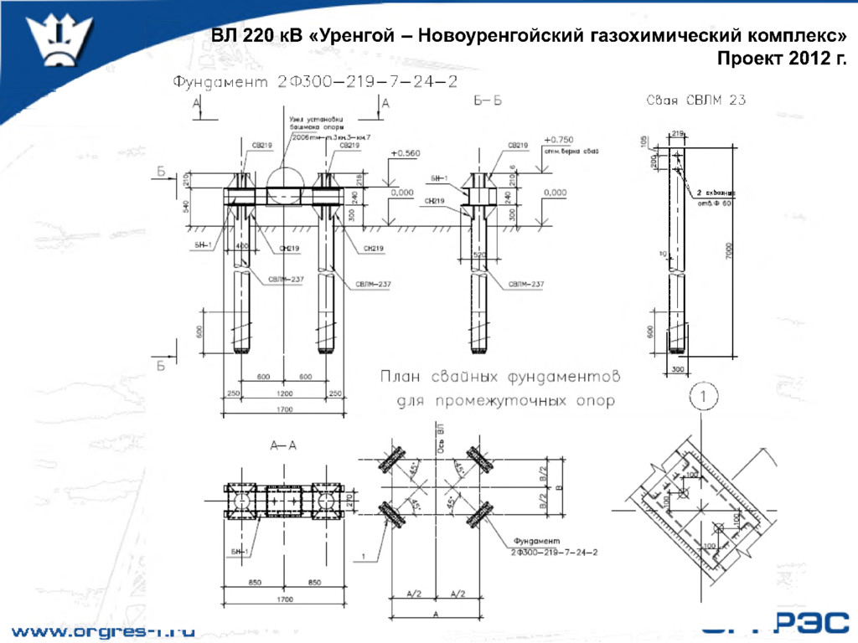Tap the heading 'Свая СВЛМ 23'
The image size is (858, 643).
point(695,100)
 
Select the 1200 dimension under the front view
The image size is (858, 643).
point(284,394)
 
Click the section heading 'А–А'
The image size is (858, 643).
point(283,445)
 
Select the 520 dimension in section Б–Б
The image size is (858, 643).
point(480,254)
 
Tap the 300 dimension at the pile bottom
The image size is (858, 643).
point(678,368)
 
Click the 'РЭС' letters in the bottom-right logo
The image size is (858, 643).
point(814,625)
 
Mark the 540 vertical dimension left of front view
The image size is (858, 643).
point(187,206)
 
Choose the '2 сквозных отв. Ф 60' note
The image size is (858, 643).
point(713,197)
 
